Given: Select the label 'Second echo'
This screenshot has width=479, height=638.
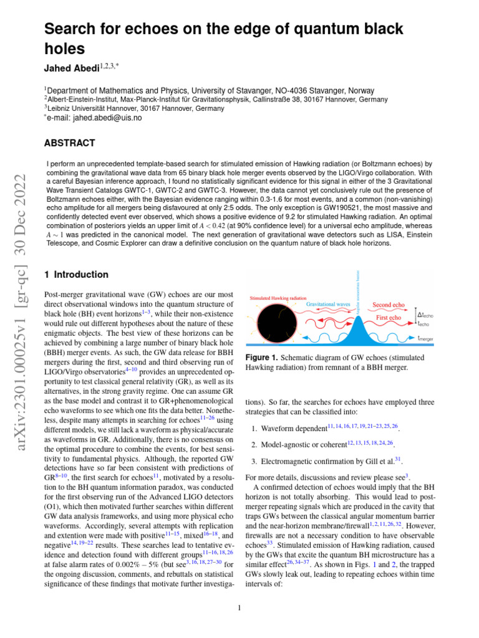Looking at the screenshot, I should pos(389,305).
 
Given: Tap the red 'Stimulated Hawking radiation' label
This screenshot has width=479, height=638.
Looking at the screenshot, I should pos(278,298).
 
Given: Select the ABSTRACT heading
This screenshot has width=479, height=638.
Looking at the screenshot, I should pos(69,143).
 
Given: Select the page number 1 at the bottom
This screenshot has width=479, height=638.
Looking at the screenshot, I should pos(239,609).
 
